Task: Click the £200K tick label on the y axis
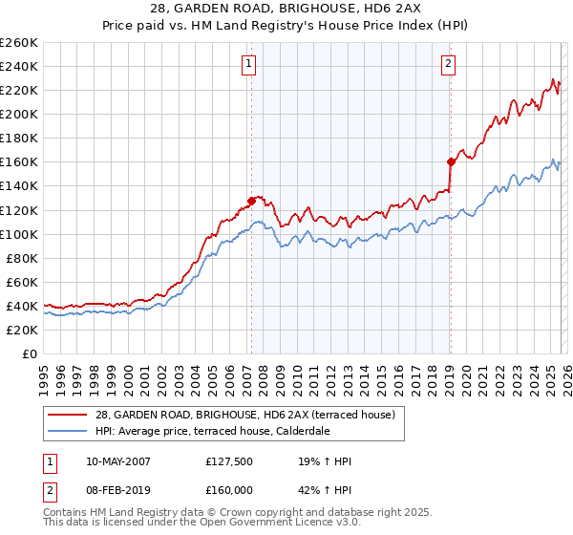pyautogui.click(x=19, y=114)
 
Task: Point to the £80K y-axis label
pyautogui.click(x=22, y=258)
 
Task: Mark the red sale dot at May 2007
pyautogui.click(x=251, y=201)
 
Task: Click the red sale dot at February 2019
pyautogui.click(x=450, y=161)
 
